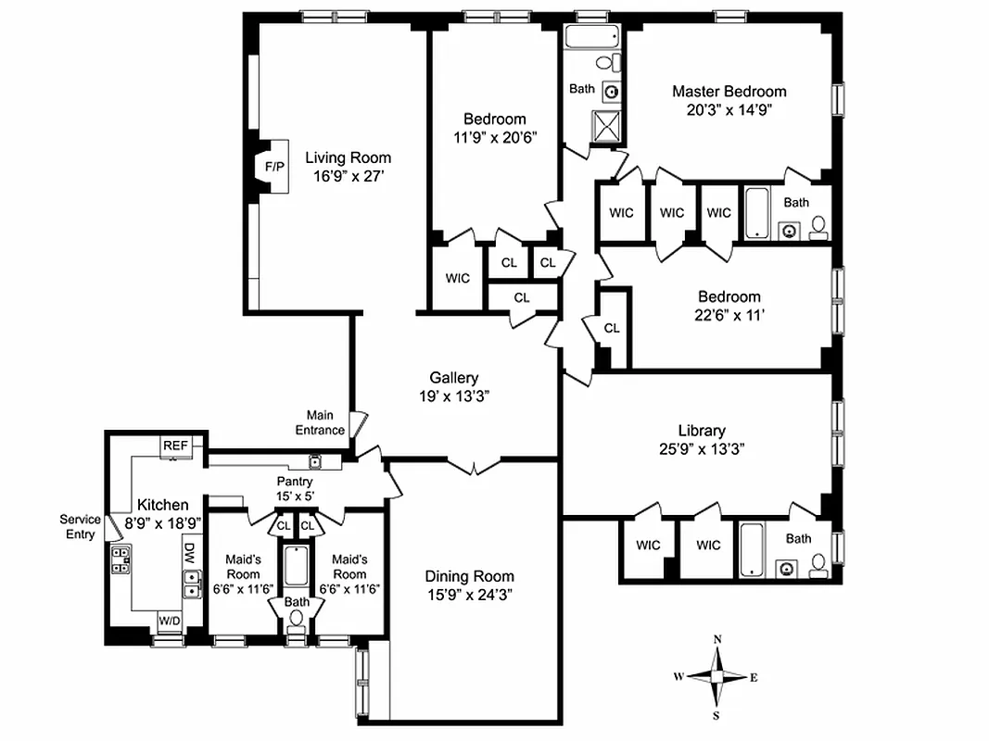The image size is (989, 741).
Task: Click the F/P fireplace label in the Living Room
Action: (x=274, y=167)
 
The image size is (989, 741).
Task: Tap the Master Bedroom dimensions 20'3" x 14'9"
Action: (x=729, y=108)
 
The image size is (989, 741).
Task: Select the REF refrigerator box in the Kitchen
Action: (x=176, y=446)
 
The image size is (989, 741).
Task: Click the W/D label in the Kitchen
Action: (x=170, y=620)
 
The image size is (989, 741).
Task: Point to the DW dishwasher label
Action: (x=188, y=554)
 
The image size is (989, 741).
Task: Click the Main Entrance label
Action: (x=321, y=423)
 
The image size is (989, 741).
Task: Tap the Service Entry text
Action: (x=80, y=526)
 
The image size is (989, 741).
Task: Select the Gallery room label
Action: (x=453, y=378)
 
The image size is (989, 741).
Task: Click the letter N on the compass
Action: (x=717, y=640)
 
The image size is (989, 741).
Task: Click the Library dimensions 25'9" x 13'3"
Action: (x=701, y=448)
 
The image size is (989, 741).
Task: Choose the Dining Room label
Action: (x=469, y=576)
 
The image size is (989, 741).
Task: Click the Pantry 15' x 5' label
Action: (x=296, y=489)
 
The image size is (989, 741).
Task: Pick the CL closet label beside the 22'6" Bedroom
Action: (x=612, y=328)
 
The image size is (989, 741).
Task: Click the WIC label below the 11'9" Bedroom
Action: (x=457, y=278)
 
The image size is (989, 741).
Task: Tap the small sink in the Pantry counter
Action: (x=315, y=462)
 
